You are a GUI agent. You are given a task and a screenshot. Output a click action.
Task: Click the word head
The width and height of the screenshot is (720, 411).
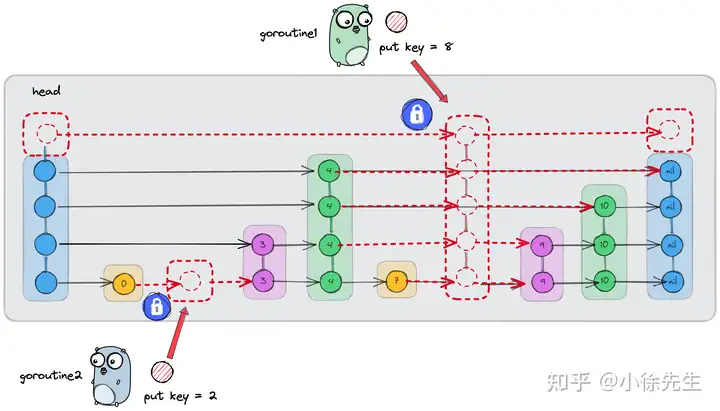click(47, 91)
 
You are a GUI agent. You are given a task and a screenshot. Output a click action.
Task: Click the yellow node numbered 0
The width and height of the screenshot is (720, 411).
click(122, 285)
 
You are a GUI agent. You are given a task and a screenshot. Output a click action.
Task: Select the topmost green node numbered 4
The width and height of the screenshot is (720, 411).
click(331, 171)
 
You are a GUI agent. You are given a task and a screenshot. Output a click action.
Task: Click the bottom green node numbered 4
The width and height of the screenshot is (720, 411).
click(331, 282)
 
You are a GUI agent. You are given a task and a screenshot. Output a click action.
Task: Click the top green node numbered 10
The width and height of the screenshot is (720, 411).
click(604, 206)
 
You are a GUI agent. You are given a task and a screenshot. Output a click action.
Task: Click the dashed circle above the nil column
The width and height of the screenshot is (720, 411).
click(668, 128)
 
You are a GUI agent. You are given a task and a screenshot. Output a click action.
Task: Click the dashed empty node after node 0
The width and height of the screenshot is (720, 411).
click(190, 281)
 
